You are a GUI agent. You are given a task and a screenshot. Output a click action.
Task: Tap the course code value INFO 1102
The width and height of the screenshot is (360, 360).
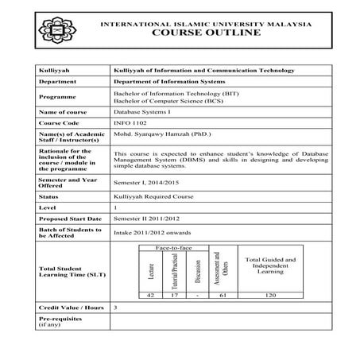click(131, 123)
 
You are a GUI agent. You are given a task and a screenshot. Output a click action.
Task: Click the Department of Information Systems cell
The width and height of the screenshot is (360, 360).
click(169, 82)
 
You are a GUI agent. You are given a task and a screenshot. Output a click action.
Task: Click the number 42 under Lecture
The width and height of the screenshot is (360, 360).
click(149, 295)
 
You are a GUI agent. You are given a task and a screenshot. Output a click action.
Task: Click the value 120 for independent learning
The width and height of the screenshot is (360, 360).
click(269, 295)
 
